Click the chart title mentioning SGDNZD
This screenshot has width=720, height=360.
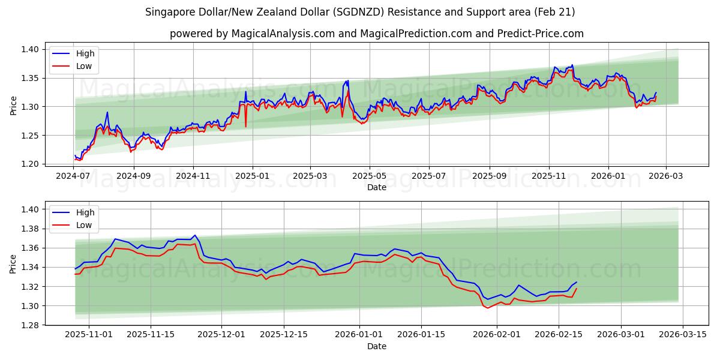tap(360, 12)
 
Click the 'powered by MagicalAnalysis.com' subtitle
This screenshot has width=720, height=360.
tap(376, 34)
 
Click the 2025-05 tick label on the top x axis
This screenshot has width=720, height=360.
tap(369, 176)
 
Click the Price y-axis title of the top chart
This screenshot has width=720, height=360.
tap(14, 106)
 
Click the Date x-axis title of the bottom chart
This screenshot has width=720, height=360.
tap(376, 346)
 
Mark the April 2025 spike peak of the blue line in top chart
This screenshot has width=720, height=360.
tap(347, 80)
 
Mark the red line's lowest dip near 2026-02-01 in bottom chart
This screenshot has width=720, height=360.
tap(488, 308)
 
